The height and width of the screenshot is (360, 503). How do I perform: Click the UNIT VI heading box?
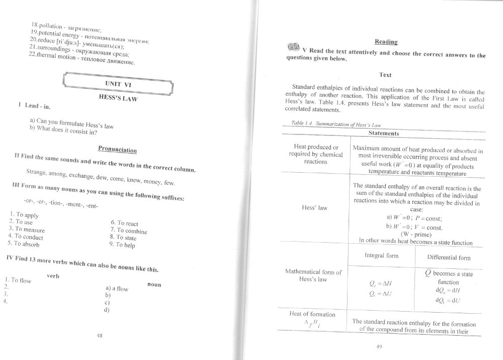[x=119, y=84]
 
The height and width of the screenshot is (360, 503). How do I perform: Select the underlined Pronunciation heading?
[x=117, y=149]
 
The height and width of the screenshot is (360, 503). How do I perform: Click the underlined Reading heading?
[x=386, y=41]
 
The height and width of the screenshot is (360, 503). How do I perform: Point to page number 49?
[x=380, y=346]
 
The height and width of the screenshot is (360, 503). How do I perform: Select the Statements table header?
[x=384, y=133]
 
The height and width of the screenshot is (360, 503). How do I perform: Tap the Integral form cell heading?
[x=381, y=256]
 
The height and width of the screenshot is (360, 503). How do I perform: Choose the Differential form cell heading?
[x=449, y=258]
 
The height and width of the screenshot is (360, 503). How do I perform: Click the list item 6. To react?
[x=124, y=223]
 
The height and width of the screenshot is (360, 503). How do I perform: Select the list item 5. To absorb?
[x=24, y=243]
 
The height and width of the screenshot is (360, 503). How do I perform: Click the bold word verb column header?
[x=54, y=275]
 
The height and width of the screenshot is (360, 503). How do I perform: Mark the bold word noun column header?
[x=154, y=284]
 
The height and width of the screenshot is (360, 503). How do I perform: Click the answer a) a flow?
[x=116, y=289]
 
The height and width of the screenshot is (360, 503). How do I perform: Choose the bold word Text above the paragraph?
[x=385, y=75]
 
